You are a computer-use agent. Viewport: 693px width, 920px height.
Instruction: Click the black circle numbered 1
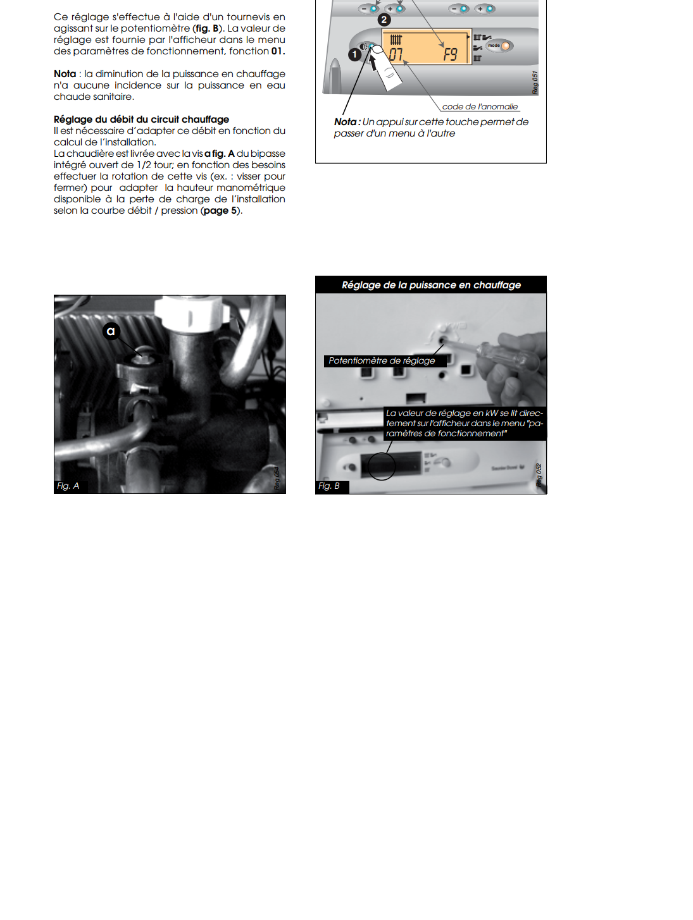point(355,54)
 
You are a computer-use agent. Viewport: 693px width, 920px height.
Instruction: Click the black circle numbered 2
point(384,20)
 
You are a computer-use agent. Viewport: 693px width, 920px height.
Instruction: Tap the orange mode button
point(505,46)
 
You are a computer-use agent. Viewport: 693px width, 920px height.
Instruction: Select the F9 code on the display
point(450,54)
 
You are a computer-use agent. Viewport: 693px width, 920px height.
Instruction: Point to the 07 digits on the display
point(396,54)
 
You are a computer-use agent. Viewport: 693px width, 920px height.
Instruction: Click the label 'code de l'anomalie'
point(480,107)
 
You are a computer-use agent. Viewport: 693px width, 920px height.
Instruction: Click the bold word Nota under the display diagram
point(346,122)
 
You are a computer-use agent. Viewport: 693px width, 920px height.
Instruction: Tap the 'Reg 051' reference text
point(535,83)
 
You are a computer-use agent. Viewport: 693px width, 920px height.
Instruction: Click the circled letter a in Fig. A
point(111,331)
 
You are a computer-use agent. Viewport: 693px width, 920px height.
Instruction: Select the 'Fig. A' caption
point(68,486)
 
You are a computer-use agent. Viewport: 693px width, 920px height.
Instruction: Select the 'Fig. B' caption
point(329,486)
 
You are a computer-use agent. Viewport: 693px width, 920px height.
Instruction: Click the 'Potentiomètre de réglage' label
point(382,360)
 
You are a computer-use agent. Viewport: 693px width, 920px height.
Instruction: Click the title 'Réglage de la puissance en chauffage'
point(431,285)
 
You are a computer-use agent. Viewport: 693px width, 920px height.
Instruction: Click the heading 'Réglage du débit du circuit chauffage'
point(141,120)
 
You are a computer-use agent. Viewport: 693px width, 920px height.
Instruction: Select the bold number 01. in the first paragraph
point(278,51)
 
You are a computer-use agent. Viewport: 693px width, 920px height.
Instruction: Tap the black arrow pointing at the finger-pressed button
point(373,63)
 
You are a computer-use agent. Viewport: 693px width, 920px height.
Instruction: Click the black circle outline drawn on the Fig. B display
point(382,466)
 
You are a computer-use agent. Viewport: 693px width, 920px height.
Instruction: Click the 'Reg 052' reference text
point(539,475)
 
